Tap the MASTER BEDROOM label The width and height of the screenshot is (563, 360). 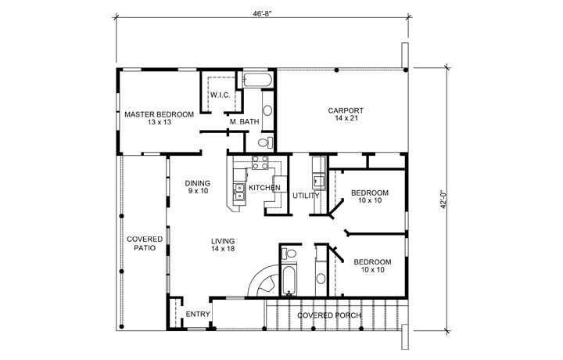pyautogui.click(x=159, y=118)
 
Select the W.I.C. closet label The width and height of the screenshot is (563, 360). pyautogui.click(x=220, y=95)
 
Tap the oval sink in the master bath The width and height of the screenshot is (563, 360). pyautogui.click(x=267, y=109)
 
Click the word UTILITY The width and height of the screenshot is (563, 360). pyautogui.click(x=306, y=196)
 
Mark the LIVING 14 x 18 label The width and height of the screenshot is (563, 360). pyautogui.click(x=223, y=244)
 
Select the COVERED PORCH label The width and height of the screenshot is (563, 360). pyautogui.click(x=328, y=315)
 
